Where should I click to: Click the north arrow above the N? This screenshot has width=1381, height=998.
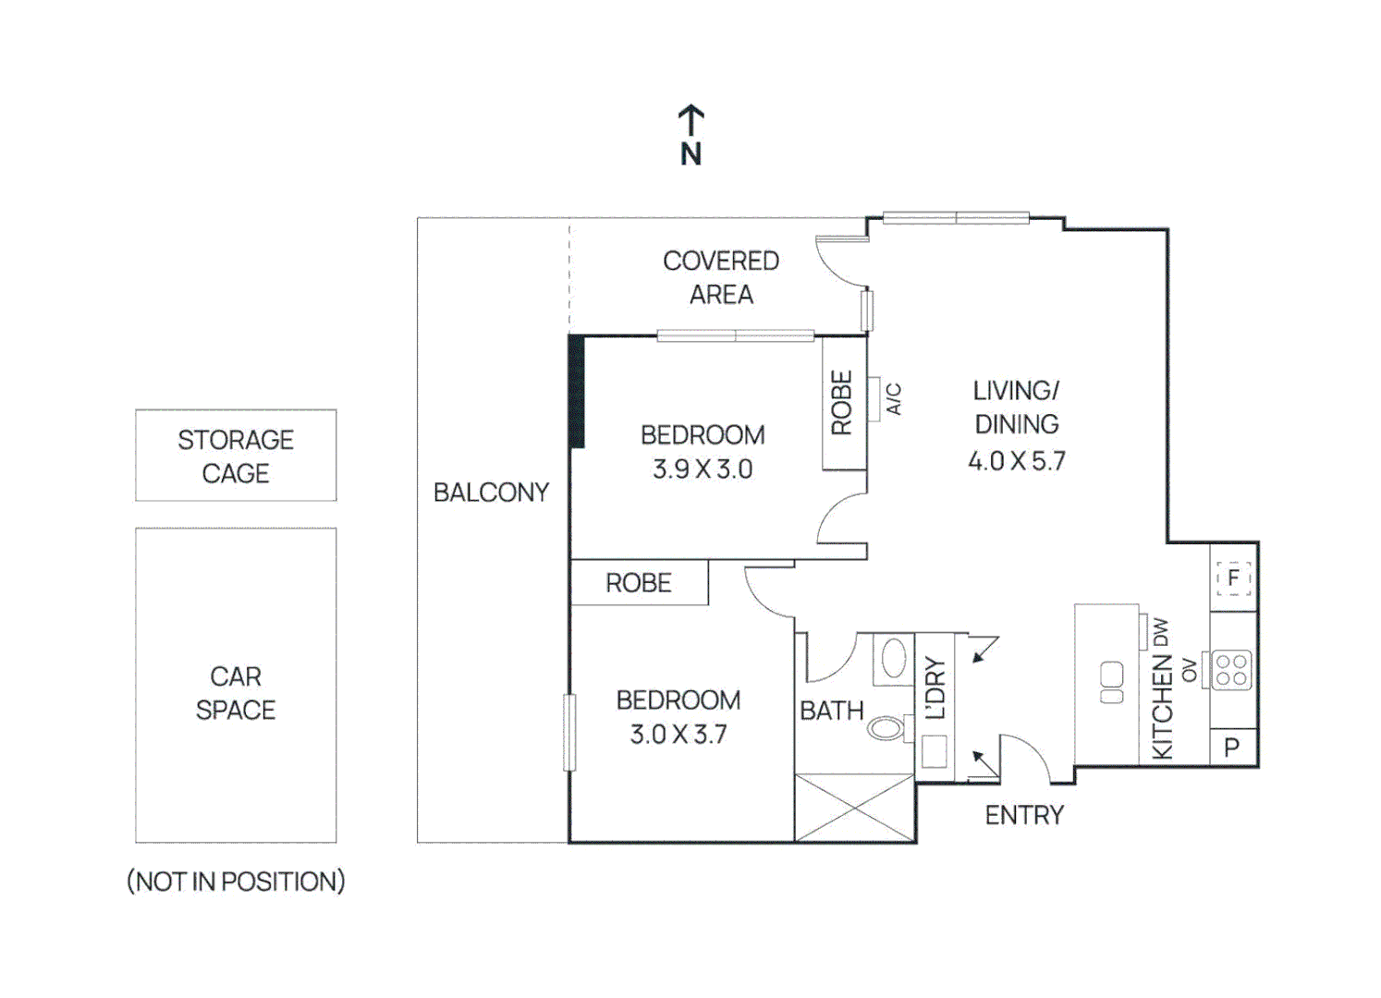(691, 120)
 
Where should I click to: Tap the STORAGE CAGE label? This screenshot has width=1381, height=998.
(236, 456)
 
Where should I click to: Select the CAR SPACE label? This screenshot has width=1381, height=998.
(236, 693)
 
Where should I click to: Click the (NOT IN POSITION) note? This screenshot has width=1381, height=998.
(236, 882)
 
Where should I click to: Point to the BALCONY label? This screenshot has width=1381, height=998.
(491, 493)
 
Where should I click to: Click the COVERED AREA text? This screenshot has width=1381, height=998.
(721, 277)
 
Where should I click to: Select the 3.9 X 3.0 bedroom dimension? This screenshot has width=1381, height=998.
(703, 469)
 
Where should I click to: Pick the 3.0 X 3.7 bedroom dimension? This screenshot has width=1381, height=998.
(678, 735)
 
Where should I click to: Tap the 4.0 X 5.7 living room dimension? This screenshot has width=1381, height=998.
(1016, 461)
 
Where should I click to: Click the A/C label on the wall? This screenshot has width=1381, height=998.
(893, 398)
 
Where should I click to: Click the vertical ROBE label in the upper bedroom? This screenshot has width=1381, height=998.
(841, 403)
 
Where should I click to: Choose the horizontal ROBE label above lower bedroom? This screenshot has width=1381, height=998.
(639, 583)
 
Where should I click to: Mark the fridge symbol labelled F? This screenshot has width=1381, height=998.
(1233, 578)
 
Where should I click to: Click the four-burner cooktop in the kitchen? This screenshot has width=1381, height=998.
(1232, 670)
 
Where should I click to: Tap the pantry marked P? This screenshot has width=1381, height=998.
(1232, 748)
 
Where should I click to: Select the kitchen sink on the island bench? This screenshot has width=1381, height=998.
(1112, 683)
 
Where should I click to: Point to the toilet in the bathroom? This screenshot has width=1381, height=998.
(886, 728)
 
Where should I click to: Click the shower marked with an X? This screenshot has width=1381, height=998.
(854, 808)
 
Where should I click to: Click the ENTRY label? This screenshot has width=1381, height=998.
(1024, 815)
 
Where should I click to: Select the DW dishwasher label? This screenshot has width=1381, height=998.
(1161, 632)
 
